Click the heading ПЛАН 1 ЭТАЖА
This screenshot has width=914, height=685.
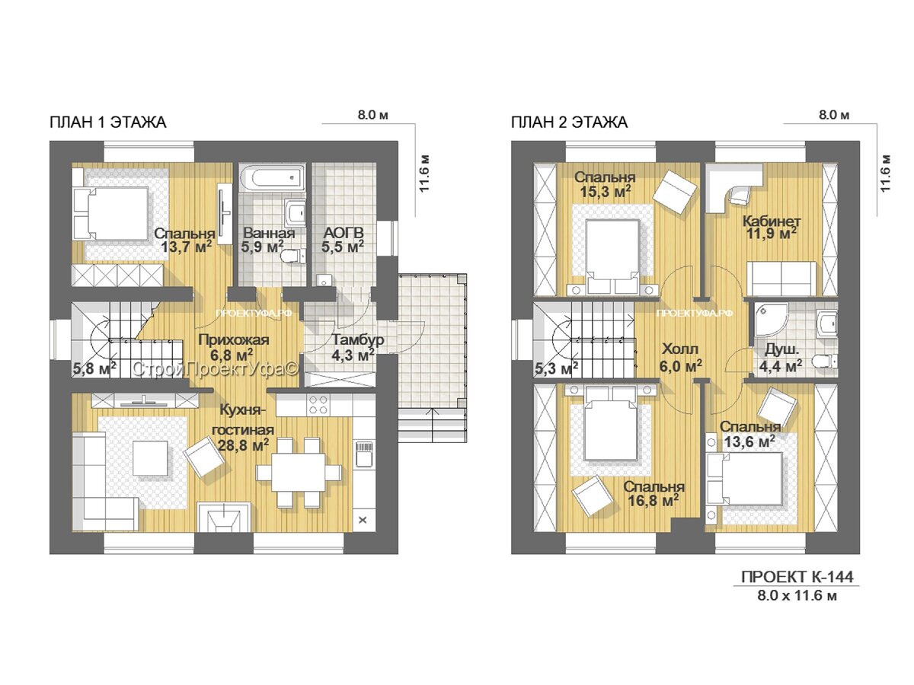point(108,123)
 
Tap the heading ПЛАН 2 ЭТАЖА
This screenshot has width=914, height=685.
point(569,123)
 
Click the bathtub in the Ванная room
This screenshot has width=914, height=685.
point(273,177)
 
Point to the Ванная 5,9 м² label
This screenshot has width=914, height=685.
point(268,240)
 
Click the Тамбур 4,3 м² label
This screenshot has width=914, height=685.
point(358,347)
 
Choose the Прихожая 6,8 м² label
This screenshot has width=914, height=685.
point(233,347)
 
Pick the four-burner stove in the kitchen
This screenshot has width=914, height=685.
point(318,404)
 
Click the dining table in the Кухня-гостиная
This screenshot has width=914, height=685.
point(298,473)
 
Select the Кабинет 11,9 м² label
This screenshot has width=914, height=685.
point(772,227)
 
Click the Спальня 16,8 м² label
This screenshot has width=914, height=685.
point(654,494)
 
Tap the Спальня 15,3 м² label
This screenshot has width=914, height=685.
point(605,184)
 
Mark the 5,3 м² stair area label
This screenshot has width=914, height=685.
point(556,368)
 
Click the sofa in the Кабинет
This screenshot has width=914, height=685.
point(781,279)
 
